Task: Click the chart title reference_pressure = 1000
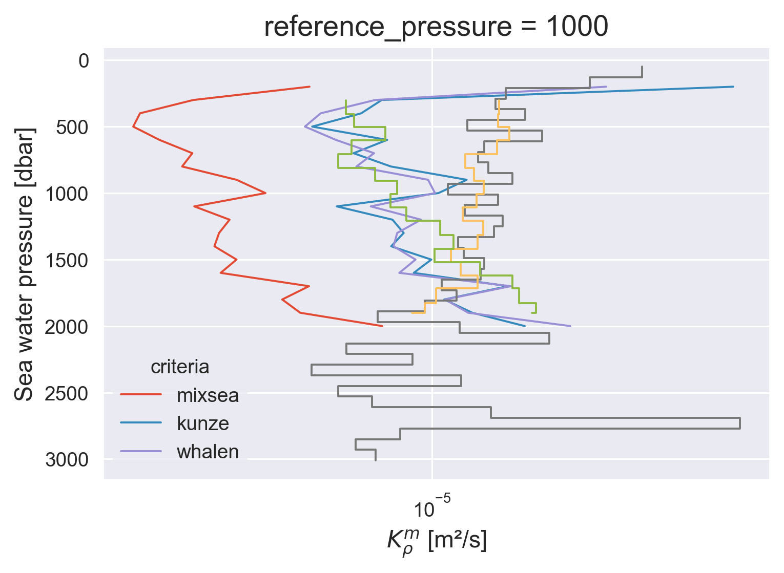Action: [x=436, y=26]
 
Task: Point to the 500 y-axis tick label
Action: [x=72, y=127]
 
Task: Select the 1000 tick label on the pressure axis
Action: [x=67, y=194]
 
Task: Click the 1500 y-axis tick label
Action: [x=67, y=260]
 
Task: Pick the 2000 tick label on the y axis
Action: [x=67, y=327]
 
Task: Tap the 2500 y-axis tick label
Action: [x=67, y=393]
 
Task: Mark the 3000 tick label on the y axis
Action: [x=67, y=460]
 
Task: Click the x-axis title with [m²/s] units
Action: [x=437, y=542]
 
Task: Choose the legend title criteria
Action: [x=180, y=367]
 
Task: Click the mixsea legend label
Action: [x=208, y=395]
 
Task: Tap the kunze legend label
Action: [x=203, y=423]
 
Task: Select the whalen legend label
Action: [x=208, y=452]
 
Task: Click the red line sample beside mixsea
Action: [x=141, y=394]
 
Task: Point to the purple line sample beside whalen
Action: [x=141, y=451]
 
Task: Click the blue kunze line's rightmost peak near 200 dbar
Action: [x=733, y=87]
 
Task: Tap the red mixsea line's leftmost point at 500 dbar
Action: [x=133, y=126]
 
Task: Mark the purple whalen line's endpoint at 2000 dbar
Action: [x=570, y=326]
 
